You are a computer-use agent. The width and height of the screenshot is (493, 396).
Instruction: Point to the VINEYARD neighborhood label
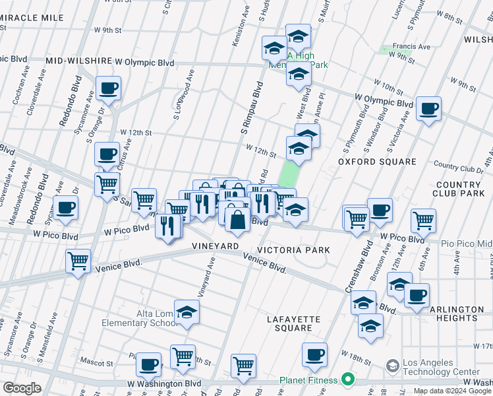(215, 246)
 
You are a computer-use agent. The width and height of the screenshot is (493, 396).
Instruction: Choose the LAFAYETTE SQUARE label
(293, 323)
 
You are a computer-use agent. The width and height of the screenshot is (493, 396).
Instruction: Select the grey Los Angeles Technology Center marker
(392, 365)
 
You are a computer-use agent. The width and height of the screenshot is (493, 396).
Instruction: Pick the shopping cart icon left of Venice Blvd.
(78, 261)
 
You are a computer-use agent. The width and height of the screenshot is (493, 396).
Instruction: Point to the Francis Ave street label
(411, 47)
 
